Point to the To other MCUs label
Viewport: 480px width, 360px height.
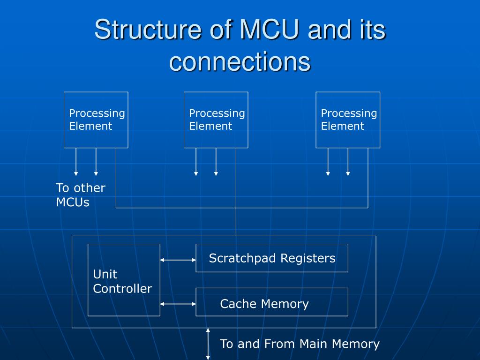point(81,195)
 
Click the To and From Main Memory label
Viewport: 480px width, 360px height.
point(300,344)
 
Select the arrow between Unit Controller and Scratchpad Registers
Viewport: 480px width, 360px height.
point(178,260)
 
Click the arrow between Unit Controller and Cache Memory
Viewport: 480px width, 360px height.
point(178,304)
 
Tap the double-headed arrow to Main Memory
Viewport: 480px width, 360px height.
point(208,344)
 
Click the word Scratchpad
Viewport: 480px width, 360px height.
point(242,259)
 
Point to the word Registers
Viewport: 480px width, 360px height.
point(308,259)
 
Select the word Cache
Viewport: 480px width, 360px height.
point(238,304)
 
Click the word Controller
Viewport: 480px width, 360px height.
point(122,289)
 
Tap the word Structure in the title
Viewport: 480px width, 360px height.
point(148,30)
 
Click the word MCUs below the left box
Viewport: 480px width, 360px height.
point(73,202)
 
